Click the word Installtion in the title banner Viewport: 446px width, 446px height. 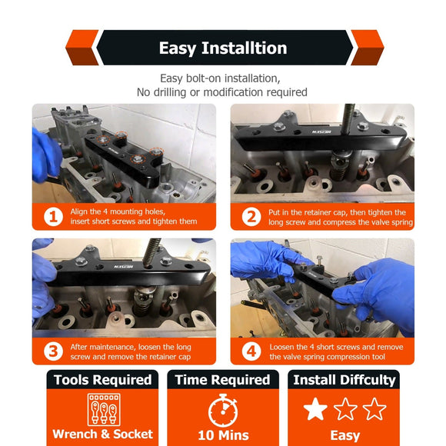(x=244, y=48)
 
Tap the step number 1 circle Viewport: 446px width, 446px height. (x=54, y=217)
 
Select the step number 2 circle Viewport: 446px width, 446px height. (x=251, y=217)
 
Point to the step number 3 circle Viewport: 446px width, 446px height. (x=54, y=351)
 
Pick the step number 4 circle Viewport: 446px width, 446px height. (x=251, y=351)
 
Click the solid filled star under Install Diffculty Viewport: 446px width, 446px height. (x=315, y=409)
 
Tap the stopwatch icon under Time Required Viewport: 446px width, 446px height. (x=223, y=410)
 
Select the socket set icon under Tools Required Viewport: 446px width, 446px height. (x=104, y=410)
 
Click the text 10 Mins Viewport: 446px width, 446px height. (x=223, y=435)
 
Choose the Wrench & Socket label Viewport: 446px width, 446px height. (x=103, y=434)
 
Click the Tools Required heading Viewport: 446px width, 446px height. (x=103, y=380)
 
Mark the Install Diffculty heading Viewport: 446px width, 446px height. (x=344, y=380)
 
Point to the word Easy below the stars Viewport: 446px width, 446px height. (x=345, y=436)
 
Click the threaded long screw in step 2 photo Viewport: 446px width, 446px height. (x=348, y=118)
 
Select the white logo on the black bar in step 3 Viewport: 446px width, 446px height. (x=124, y=267)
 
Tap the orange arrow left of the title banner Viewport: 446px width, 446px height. (x=82, y=48)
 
